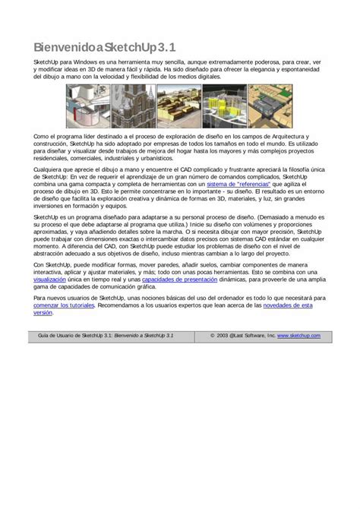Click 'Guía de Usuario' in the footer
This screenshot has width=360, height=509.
59,335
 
